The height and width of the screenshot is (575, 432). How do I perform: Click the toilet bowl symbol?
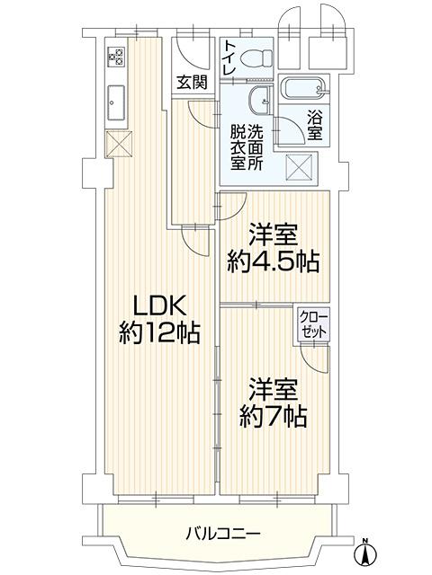(256, 57)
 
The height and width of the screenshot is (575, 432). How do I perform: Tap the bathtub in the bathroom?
(304, 89)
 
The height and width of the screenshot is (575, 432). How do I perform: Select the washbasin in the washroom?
(260, 101)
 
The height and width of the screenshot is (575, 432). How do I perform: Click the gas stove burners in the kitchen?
(115, 57)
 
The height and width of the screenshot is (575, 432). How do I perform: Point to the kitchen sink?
(116, 102)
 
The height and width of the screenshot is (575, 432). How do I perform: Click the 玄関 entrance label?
(192, 82)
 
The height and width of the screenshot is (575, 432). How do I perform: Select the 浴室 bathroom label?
(315, 126)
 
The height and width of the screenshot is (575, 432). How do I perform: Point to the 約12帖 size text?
(159, 333)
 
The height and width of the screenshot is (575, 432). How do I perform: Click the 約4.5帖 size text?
(273, 261)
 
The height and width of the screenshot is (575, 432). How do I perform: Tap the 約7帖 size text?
(274, 416)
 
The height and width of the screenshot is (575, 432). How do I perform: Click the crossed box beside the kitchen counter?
(119, 144)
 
